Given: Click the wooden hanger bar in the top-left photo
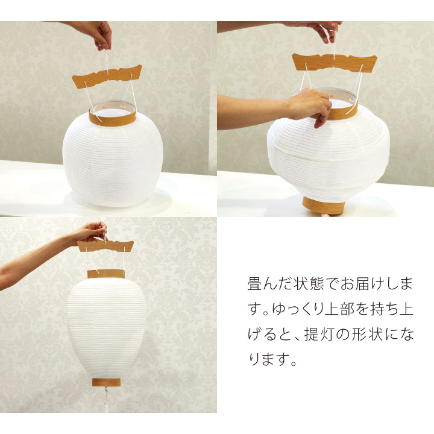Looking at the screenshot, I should (x=107, y=77).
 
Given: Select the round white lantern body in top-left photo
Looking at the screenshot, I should (x=112, y=160).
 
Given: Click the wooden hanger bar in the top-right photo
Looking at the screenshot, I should (x=334, y=61).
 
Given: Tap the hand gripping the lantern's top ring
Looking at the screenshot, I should (x=310, y=104).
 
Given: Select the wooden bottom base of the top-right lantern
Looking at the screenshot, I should (x=324, y=204).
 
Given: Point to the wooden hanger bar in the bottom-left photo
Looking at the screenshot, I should (x=105, y=245).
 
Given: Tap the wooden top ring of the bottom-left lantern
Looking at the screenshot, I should (x=106, y=274).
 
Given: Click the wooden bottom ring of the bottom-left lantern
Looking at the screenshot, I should (x=107, y=382).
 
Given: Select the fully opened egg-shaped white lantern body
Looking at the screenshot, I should (x=106, y=329).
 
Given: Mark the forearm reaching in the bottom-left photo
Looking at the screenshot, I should (x=36, y=256).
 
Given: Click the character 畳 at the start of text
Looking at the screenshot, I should (x=254, y=284).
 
